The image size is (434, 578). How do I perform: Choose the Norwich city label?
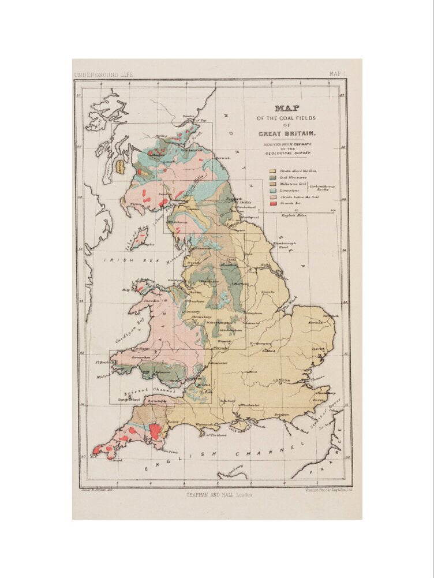pos(315,322)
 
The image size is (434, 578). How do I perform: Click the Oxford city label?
pos(250,372)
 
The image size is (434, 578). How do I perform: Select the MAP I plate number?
pos(336,74)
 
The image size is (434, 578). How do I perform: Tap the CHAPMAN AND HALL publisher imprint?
pos(218,494)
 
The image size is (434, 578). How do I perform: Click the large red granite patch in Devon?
pos(155,431)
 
